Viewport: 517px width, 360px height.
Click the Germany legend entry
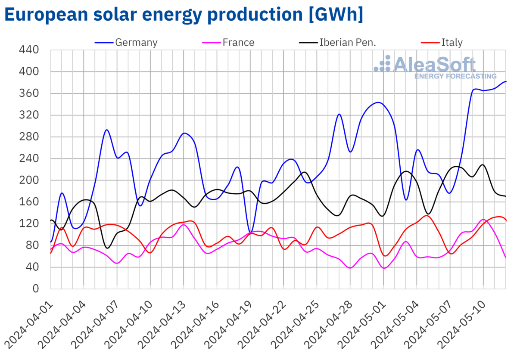(x=136, y=42)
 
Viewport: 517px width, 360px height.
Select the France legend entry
(x=238, y=42)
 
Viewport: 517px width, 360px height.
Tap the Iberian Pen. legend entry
(x=344, y=42)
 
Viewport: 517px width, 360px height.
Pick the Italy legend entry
(x=452, y=42)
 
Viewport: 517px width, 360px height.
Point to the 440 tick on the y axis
(x=29, y=50)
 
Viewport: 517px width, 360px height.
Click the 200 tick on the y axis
(x=29, y=180)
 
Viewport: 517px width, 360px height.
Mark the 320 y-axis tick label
(x=29, y=115)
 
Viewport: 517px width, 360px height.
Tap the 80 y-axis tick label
(x=32, y=245)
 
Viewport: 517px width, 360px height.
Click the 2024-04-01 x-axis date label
(x=29, y=323)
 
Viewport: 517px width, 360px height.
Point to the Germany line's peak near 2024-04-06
(x=106, y=130)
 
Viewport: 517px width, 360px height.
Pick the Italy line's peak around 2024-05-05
(x=427, y=215)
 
